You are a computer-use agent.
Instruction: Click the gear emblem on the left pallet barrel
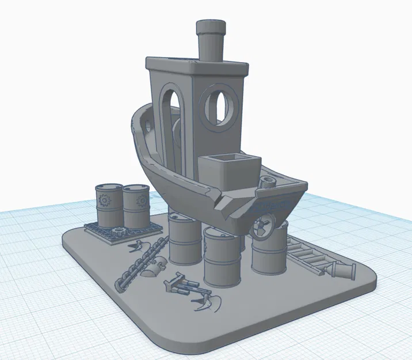click(104, 201)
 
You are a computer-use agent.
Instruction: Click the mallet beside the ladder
click(342, 269)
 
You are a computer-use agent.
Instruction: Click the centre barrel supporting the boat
click(222, 256)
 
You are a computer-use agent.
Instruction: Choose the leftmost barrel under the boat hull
click(185, 238)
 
